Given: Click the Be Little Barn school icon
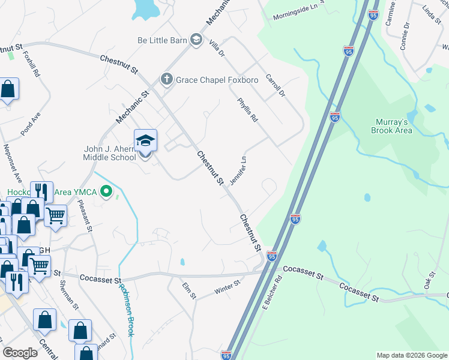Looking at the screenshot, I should pyautogui.click(x=195, y=40).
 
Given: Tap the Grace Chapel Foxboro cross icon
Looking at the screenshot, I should pyautogui.click(x=166, y=79).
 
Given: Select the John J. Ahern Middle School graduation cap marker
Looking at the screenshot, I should pyautogui.click(x=145, y=141).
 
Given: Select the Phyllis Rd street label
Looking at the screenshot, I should pyautogui.click(x=247, y=110).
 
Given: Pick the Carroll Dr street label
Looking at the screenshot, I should pyautogui.click(x=274, y=87).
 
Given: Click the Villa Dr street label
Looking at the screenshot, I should pyautogui.click(x=216, y=47).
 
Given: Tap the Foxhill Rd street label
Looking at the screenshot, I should pyautogui.click(x=31, y=63).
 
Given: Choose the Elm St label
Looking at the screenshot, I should pyautogui.click(x=189, y=291).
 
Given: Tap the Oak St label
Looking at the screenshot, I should pyautogui.click(x=430, y=278).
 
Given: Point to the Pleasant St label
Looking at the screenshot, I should pyautogui.click(x=85, y=216).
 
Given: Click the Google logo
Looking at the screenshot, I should pyautogui.click(x=20, y=353).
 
